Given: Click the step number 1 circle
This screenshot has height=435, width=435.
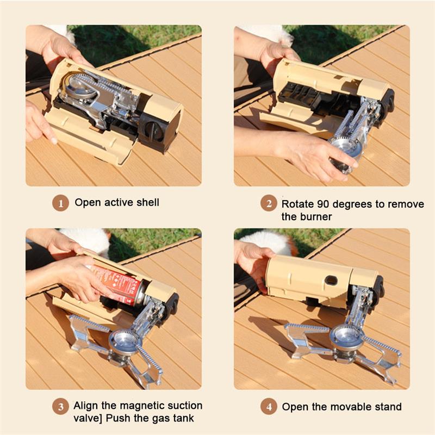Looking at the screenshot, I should coord(60,203).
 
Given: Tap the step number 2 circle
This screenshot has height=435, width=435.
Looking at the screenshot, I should coord(268,204).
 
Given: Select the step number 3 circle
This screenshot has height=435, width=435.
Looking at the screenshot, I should coord(60,406).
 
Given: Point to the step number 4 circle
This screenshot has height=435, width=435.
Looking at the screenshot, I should coord(268,406).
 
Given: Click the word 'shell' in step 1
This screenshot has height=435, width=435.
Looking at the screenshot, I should coord(147,202).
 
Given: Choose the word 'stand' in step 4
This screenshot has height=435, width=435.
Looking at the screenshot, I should coord(386,406).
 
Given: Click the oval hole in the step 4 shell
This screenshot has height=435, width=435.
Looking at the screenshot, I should coord(330,280).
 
